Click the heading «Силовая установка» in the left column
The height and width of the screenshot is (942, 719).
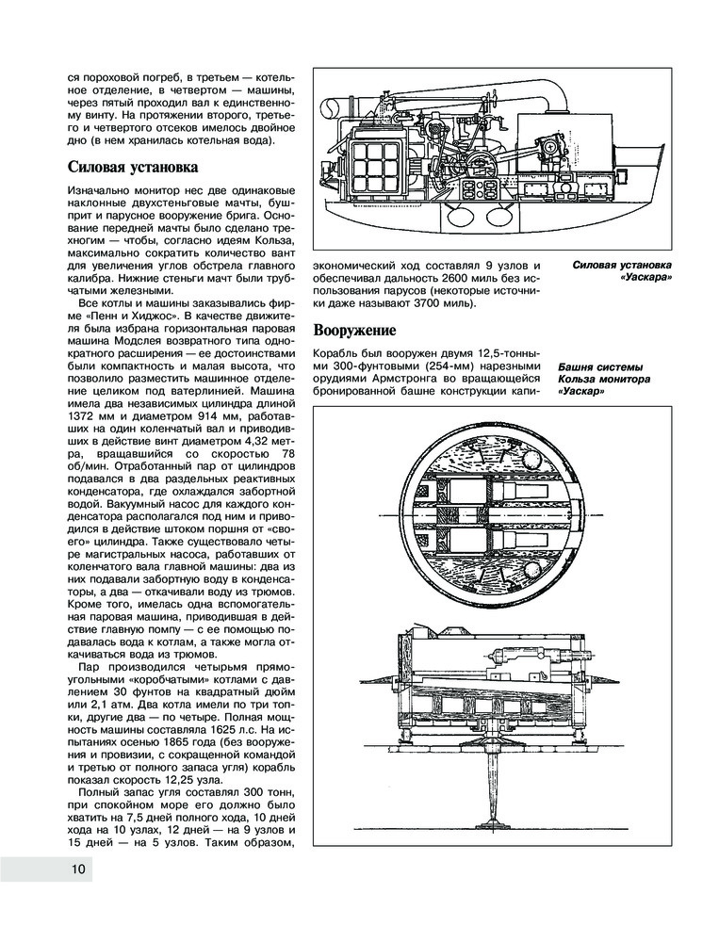133,168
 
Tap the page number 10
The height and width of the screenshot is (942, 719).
78,869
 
